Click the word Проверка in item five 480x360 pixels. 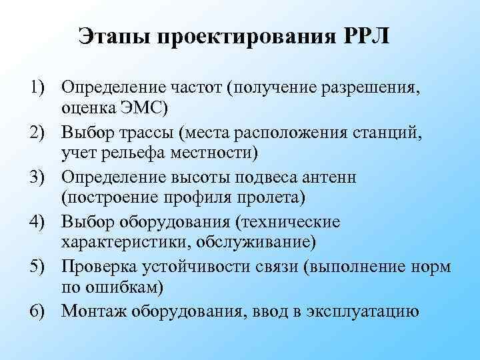coord(101,266)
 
